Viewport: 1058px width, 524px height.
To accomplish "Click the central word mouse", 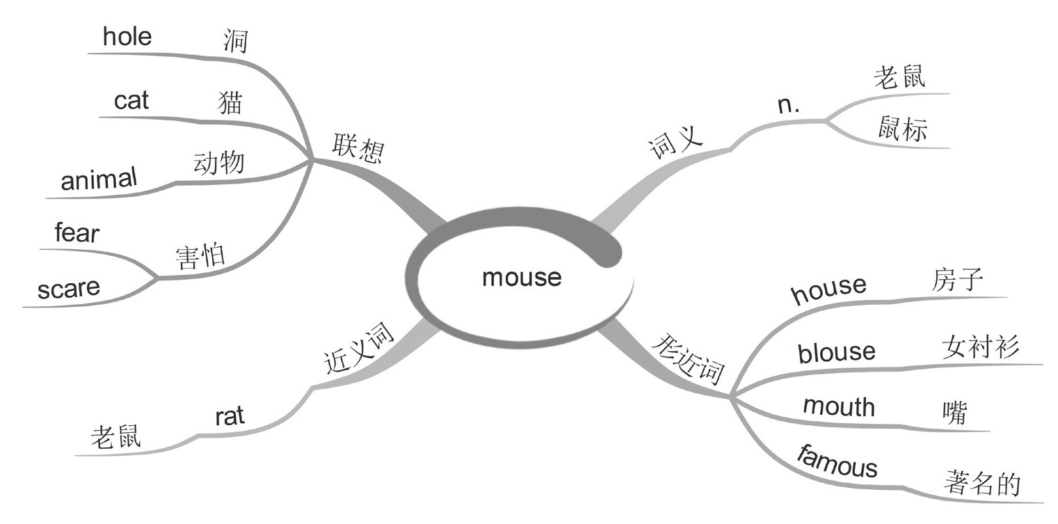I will (521, 278).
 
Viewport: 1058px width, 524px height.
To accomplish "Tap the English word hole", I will (127, 36).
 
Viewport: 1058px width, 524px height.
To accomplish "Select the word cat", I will (131, 101).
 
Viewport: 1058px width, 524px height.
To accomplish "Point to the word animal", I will (99, 180).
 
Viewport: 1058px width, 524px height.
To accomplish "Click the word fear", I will (77, 233).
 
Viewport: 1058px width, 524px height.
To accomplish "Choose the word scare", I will (69, 287).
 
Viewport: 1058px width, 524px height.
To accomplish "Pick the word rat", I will (230, 416).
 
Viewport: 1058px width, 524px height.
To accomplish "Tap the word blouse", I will (836, 352).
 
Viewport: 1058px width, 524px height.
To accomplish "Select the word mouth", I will (838, 406).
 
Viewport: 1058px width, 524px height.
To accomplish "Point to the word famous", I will (837, 463).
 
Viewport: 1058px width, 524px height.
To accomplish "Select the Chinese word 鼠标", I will (901, 129).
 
